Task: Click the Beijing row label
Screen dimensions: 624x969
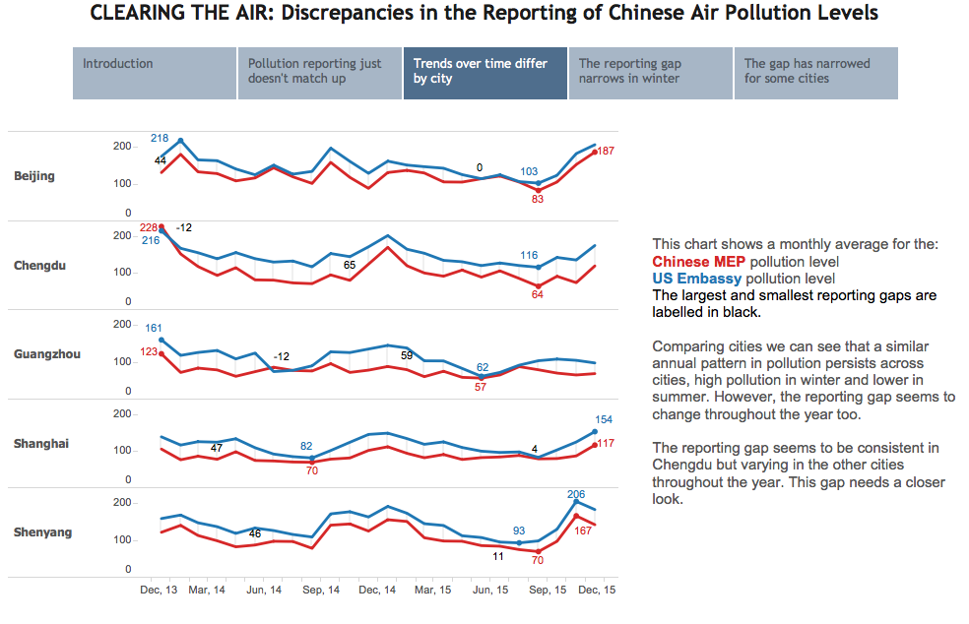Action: coord(34,176)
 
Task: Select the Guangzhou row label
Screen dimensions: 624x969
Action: coord(46,354)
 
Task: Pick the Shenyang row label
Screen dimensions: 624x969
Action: coord(42,532)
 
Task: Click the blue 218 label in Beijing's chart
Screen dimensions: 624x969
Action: coord(160,139)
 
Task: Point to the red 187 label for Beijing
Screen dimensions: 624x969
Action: coord(606,151)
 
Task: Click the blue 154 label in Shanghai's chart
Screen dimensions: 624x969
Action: coord(605,419)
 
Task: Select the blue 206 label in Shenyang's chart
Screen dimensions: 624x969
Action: coord(577,494)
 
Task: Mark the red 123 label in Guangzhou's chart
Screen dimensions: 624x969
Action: coord(149,351)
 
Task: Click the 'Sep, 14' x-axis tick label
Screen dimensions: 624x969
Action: coord(320,590)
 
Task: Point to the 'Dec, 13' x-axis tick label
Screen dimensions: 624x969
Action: coord(157,590)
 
